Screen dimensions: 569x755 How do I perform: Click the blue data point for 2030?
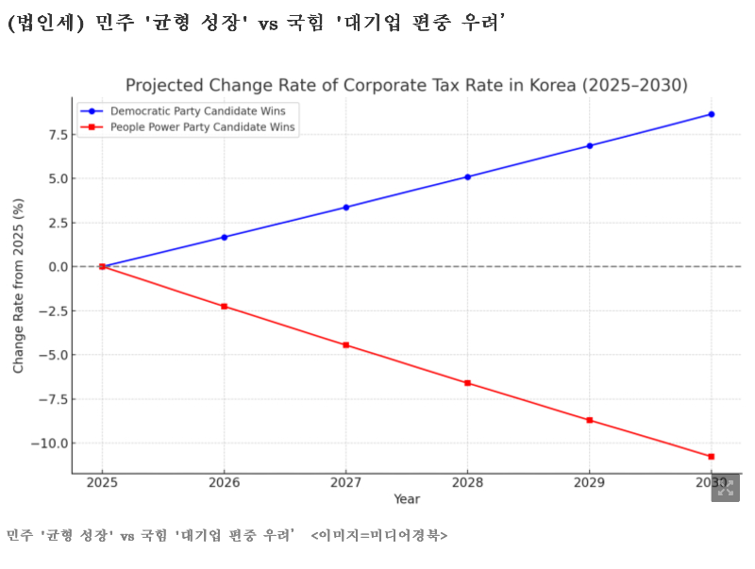click(x=711, y=114)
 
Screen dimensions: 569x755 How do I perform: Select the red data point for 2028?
click(x=467, y=383)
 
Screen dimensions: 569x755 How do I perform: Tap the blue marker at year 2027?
click(x=345, y=208)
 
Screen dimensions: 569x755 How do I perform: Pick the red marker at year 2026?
click(x=224, y=307)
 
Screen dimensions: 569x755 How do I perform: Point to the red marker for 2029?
click(x=590, y=420)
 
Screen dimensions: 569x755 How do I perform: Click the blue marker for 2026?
click(x=224, y=237)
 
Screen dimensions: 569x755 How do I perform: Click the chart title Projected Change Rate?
click(x=407, y=86)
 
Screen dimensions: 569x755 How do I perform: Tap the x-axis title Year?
click(x=407, y=498)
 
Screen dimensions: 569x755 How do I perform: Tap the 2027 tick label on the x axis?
click(x=345, y=482)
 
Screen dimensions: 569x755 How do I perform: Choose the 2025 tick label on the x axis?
click(x=102, y=482)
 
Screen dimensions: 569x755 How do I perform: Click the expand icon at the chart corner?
click(x=725, y=487)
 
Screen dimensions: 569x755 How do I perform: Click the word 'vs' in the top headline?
click(x=268, y=25)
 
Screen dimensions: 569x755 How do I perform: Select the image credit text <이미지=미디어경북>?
click(x=379, y=536)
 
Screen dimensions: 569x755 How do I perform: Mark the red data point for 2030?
click(x=711, y=457)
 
